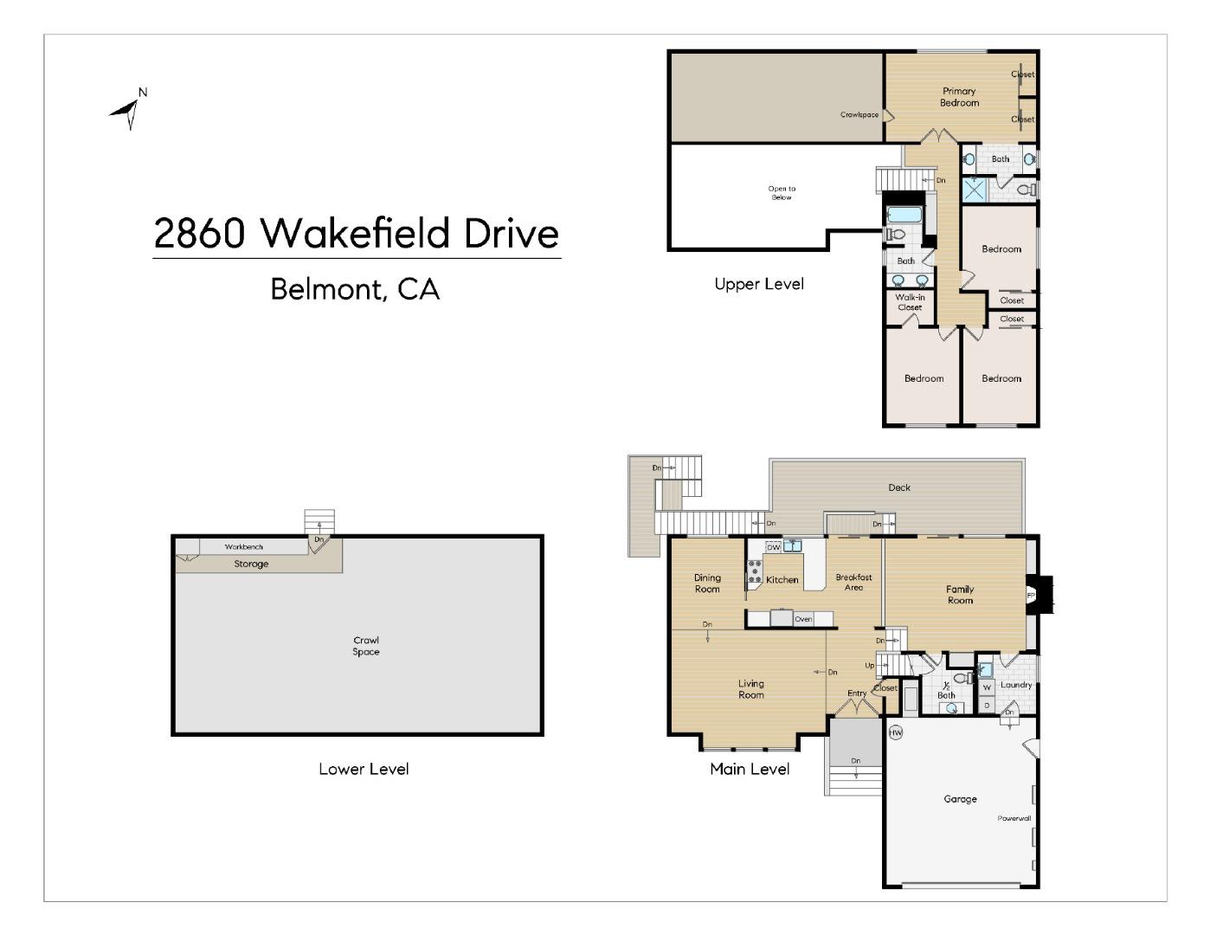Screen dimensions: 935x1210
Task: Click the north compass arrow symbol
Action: click(128, 110)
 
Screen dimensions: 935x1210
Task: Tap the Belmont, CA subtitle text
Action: click(355, 288)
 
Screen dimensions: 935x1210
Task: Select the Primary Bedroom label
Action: click(959, 96)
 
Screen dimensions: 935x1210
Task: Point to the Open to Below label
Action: click(781, 192)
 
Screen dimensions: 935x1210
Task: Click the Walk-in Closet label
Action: click(910, 302)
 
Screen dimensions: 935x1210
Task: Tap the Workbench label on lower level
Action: click(243, 547)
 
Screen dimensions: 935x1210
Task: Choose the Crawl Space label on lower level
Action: click(365, 646)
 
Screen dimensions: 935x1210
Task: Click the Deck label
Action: click(899, 487)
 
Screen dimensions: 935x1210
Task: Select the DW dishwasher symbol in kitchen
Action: click(774, 547)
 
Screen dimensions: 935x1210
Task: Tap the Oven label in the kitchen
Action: click(803, 619)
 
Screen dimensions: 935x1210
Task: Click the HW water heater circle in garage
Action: click(896, 732)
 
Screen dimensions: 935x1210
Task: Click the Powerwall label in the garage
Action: click(1014, 818)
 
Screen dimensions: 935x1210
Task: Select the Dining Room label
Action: click(707, 583)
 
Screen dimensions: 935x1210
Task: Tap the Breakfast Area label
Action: click(853, 582)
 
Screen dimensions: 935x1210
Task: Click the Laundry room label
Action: click(1016, 685)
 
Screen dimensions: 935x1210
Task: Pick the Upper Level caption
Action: click(759, 284)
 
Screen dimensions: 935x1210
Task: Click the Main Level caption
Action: click(750, 768)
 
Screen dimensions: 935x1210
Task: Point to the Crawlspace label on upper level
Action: click(859, 114)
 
